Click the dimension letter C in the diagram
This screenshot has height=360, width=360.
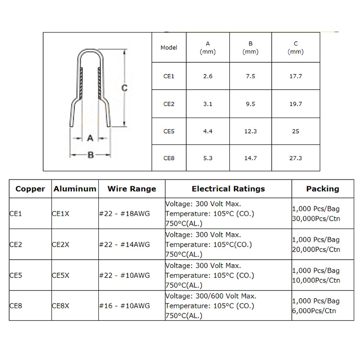pyautogui.click(x=124, y=88)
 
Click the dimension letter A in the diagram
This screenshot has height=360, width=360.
pyautogui.click(x=90, y=138)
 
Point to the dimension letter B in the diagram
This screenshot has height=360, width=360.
pyautogui.click(x=90, y=155)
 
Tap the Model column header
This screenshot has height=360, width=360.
pyautogui.click(x=169, y=48)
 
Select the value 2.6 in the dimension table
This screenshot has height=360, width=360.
pyautogui.click(x=208, y=76)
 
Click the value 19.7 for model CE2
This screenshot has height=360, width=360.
pyautogui.click(x=296, y=104)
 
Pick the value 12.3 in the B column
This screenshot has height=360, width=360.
pyautogui.click(x=251, y=131)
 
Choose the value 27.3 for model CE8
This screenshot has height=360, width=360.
pyautogui.click(x=296, y=158)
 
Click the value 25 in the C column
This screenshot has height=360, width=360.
pyautogui.click(x=296, y=131)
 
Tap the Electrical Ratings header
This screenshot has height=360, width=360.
pyautogui.click(x=228, y=189)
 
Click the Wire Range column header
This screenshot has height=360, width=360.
pyautogui.click(x=132, y=189)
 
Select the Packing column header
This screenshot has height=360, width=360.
pyautogui.click(x=323, y=189)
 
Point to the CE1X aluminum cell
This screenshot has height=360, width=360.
pyautogui.click(x=60, y=214)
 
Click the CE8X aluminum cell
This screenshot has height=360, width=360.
pyautogui.click(x=60, y=306)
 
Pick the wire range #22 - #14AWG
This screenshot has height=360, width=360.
pyautogui.click(x=124, y=244)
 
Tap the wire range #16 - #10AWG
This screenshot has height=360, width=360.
pyautogui.click(x=124, y=306)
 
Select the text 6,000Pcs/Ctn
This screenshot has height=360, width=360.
pyautogui.click(x=314, y=311)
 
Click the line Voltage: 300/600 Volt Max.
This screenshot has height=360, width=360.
pyautogui.click(x=211, y=296)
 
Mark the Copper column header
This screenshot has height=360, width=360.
pyautogui.click(x=30, y=189)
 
